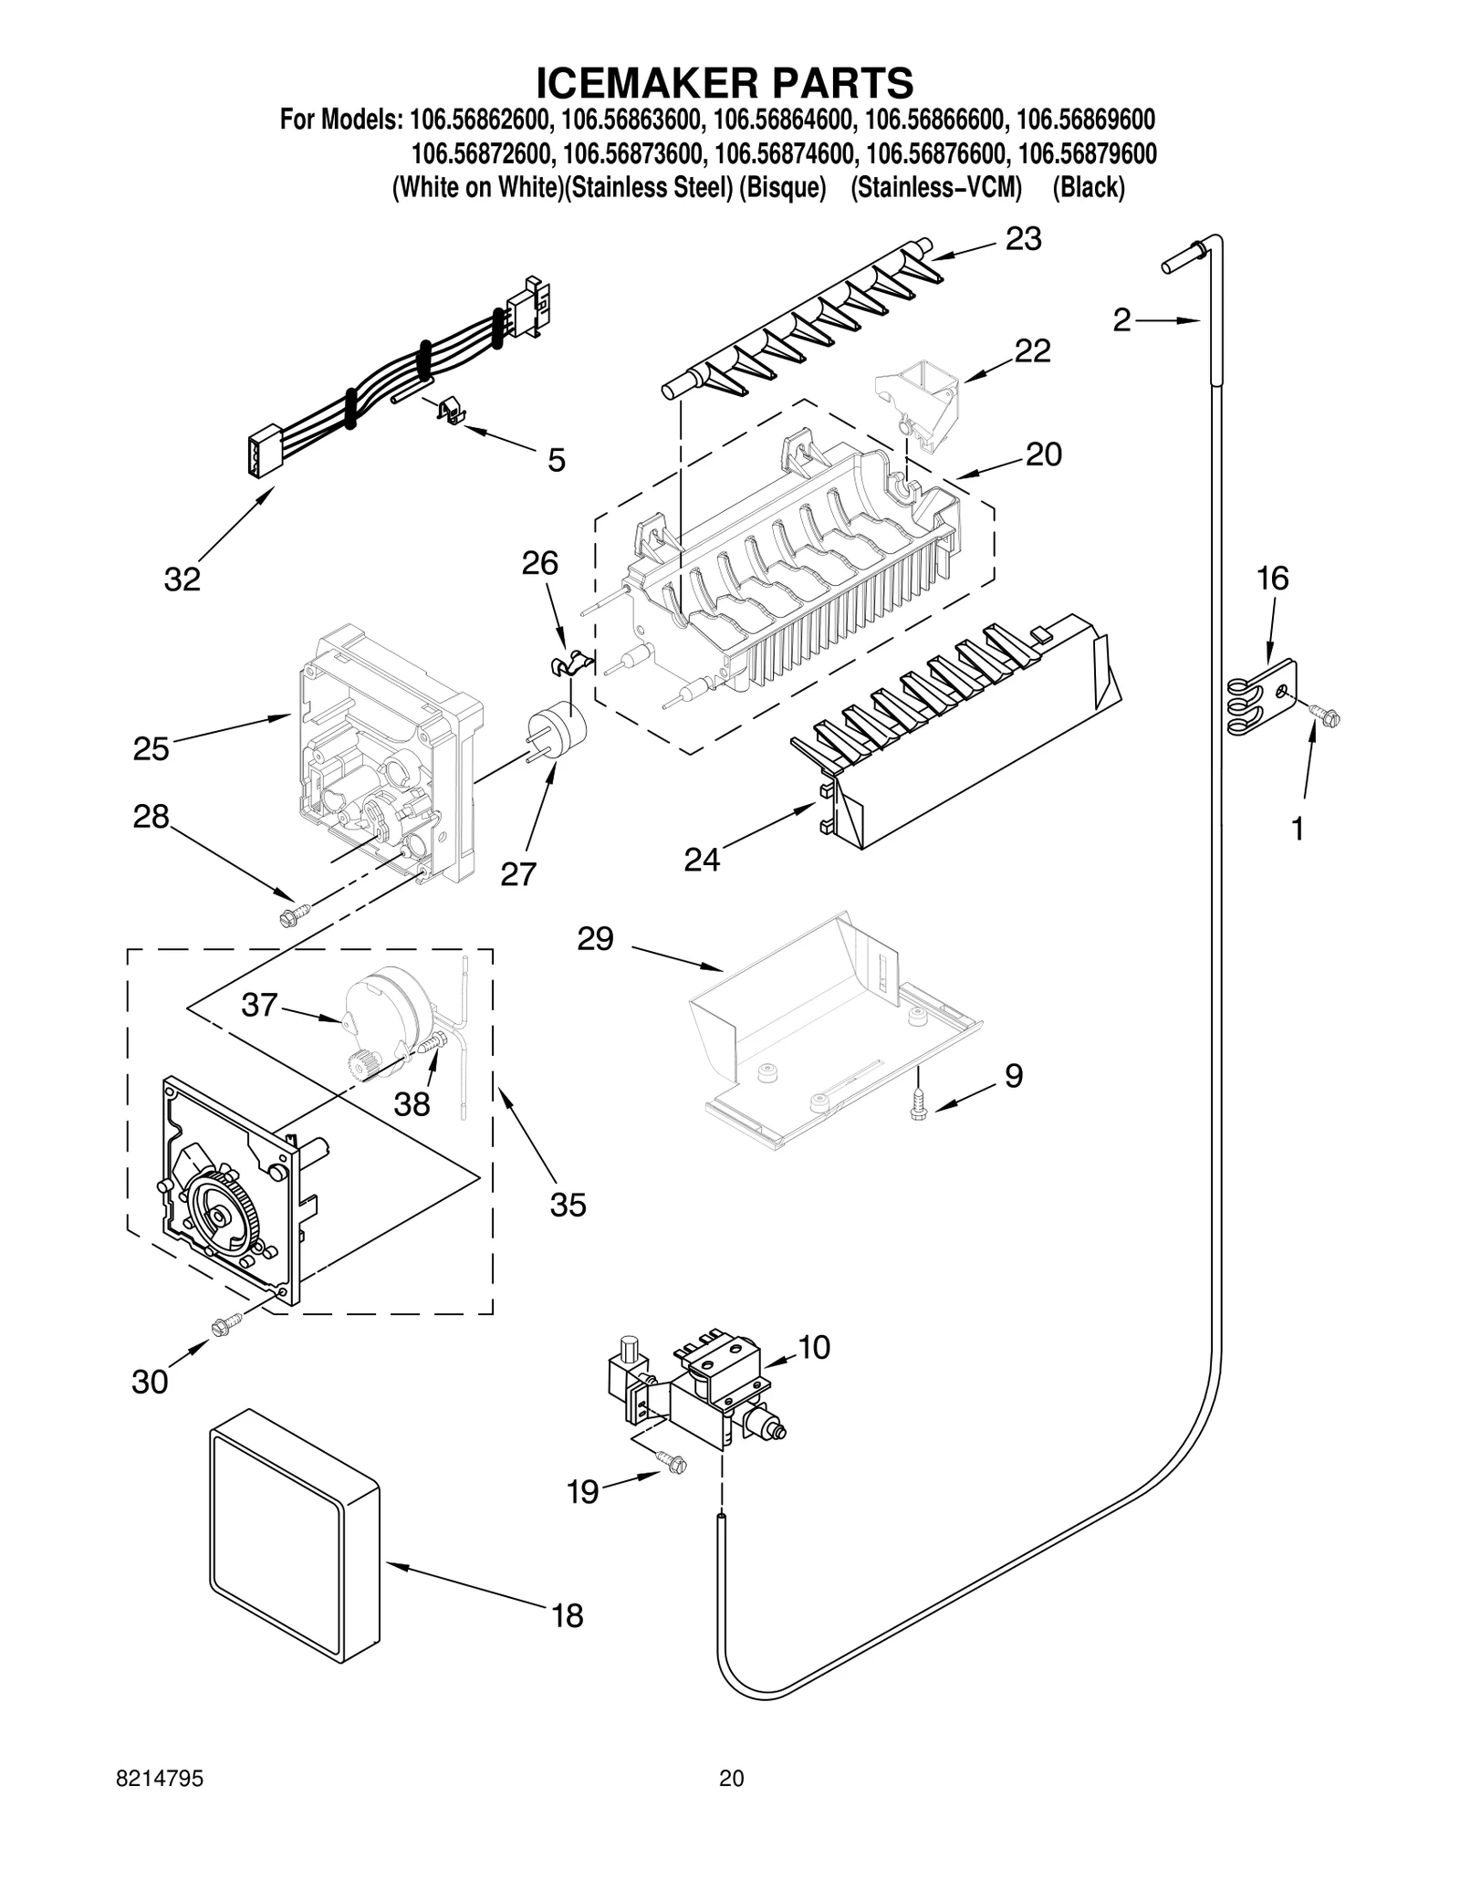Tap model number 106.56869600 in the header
click(1085, 120)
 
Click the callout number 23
click(1023, 239)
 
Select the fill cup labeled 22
click(920, 402)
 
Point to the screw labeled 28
click(296, 911)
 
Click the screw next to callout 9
click(918, 1105)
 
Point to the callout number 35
click(568, 1206)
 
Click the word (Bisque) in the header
click(781, 188)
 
